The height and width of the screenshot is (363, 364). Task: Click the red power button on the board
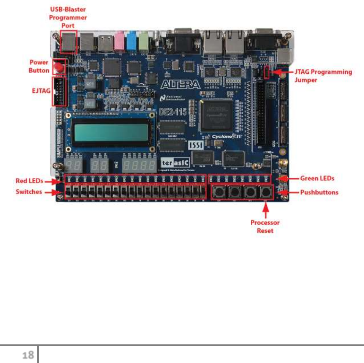coord(59,68)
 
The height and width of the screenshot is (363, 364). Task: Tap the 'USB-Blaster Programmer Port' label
coord(68,17)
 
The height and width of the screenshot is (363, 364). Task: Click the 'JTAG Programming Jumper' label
coord(323,76)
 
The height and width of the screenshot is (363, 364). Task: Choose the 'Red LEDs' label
coord(29,180)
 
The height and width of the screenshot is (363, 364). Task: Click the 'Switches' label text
coord(29,192)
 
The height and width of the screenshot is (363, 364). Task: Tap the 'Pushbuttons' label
coord(319,192)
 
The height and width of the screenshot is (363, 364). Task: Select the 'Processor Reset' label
coord(265,226)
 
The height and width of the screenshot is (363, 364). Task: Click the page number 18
coord(27,355)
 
